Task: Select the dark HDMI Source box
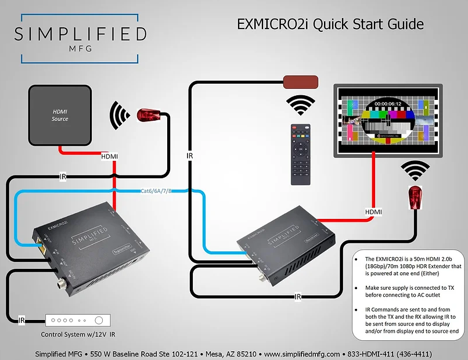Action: [60, 115]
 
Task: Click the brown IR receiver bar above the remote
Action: [300, 81]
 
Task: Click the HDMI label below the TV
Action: [373, 212]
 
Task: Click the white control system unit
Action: [78, 320]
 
